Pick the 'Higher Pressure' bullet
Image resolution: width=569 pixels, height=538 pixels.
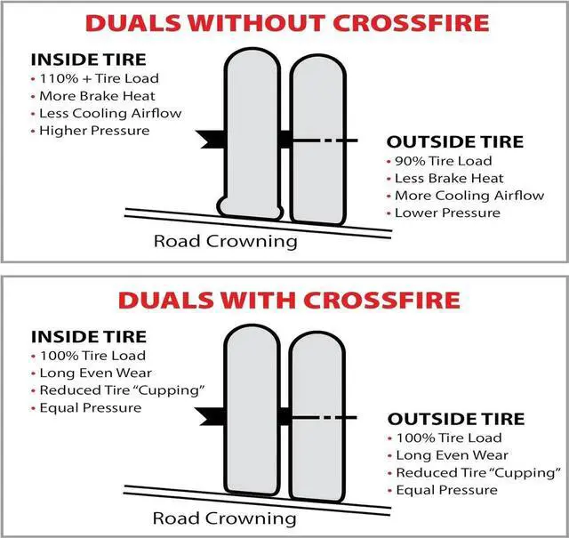(x=93, y=131)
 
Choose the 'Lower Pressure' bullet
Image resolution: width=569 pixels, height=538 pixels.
(x=446, y=213)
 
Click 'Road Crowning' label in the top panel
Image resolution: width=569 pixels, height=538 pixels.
(x=226, y=240)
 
